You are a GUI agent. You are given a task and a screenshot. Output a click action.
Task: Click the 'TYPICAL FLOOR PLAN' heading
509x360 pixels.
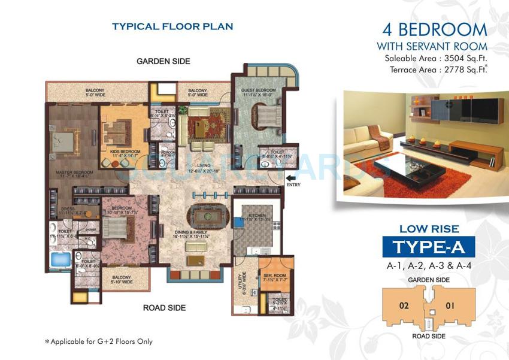[172, 26]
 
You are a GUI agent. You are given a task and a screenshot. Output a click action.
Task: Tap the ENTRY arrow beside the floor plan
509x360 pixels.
[292, 177]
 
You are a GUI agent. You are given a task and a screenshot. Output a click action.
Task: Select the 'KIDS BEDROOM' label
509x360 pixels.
[124, 152]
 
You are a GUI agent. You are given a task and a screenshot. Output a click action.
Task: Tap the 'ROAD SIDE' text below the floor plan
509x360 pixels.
[164, 308]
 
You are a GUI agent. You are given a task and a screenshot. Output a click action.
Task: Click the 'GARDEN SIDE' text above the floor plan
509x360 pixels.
[163, 61]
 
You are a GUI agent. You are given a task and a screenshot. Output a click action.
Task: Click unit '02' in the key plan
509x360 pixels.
[404, 305]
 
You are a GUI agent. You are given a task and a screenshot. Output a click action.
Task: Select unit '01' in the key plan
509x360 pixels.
[450, 305]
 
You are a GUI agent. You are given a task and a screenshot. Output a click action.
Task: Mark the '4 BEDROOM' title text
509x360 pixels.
[434, 29]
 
